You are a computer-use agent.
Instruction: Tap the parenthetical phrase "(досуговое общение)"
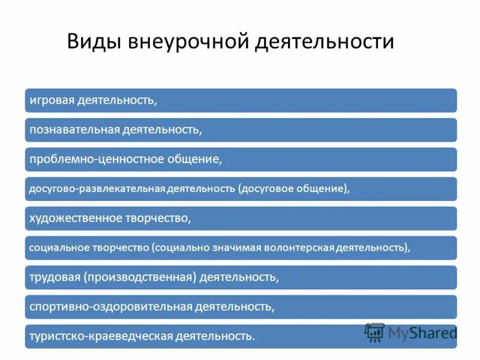pyautogui.click(x=292, y=188)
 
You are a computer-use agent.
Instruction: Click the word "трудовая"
pyautogui.click(x=55, y=277)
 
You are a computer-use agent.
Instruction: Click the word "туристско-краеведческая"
pyautogui.click(x=100, y=336)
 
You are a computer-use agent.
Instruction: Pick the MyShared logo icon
pyautogui.click(x=374, y=332)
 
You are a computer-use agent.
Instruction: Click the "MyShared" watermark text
pyautogui.click(x=422, y=332)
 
